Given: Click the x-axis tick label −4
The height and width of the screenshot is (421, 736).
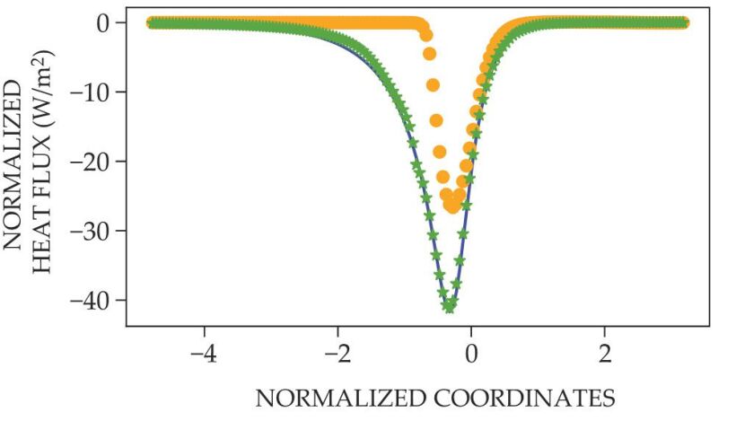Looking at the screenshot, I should click(204, 351).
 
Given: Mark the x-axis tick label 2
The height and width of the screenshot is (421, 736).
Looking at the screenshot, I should click(604, 351).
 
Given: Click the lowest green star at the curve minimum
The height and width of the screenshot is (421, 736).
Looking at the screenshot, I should click(449, 306).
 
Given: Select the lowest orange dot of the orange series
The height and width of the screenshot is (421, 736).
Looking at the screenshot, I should click(452, 206).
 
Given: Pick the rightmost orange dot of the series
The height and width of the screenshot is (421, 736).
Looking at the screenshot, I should click(685, 22).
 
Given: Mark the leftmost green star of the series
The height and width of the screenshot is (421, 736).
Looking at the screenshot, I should click(151, 22).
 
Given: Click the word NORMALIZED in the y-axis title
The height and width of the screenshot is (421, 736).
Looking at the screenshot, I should click(15, 166).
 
